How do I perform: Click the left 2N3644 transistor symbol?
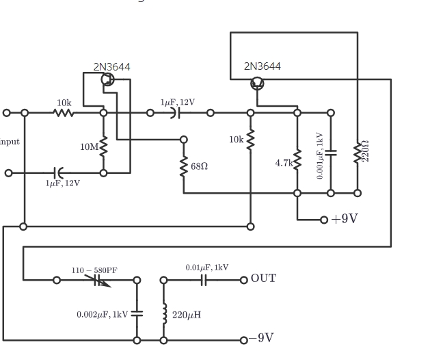[x=107, y=79]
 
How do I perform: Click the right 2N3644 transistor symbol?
[x=257, y=83]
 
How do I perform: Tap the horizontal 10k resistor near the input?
[x=64, y=112]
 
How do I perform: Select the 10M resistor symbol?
[x=103, y=146]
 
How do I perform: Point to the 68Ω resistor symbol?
[x=184, y=166]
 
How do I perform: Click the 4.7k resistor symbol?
[x=297, y=162]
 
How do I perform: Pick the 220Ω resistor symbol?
[x=357, y=153]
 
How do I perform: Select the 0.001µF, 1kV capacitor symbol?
[x=331, y=153]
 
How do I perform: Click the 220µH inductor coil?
[x=163, y=315]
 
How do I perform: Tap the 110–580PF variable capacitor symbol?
[x=96, y=279]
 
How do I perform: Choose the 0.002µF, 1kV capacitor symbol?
[x=137, y=313]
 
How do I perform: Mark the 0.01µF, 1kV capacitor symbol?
[x=204, y=279]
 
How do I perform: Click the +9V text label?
[x=345, y=219]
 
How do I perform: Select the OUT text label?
[x=264, y=278]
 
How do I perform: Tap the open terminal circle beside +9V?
[x=324, y=220]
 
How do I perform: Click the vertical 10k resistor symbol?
[x=250, y=140]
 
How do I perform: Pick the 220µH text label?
[x=186, y=316]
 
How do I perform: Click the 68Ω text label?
[x=200, y=166]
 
